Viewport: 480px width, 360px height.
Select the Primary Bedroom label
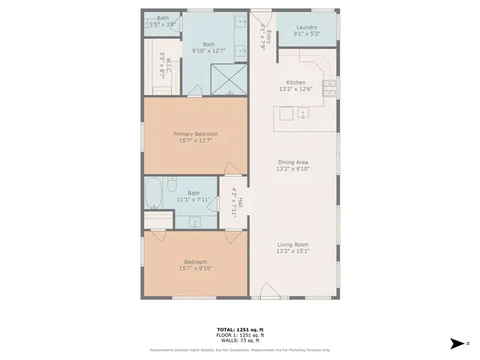click(x=195, y=134)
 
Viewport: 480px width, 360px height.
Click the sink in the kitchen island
click(x=303, y=113)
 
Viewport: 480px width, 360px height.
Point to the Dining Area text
click(x=293, y=162)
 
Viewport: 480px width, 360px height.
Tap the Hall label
click(x=239, y=201)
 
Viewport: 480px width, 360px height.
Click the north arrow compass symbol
click(x=457, y=344)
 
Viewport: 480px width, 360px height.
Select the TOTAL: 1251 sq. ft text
click(x=240, y=329)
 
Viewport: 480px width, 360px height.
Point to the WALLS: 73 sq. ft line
click(x=240, y=340)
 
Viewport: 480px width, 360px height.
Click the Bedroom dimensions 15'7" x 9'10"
click(x=195, y=268)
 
